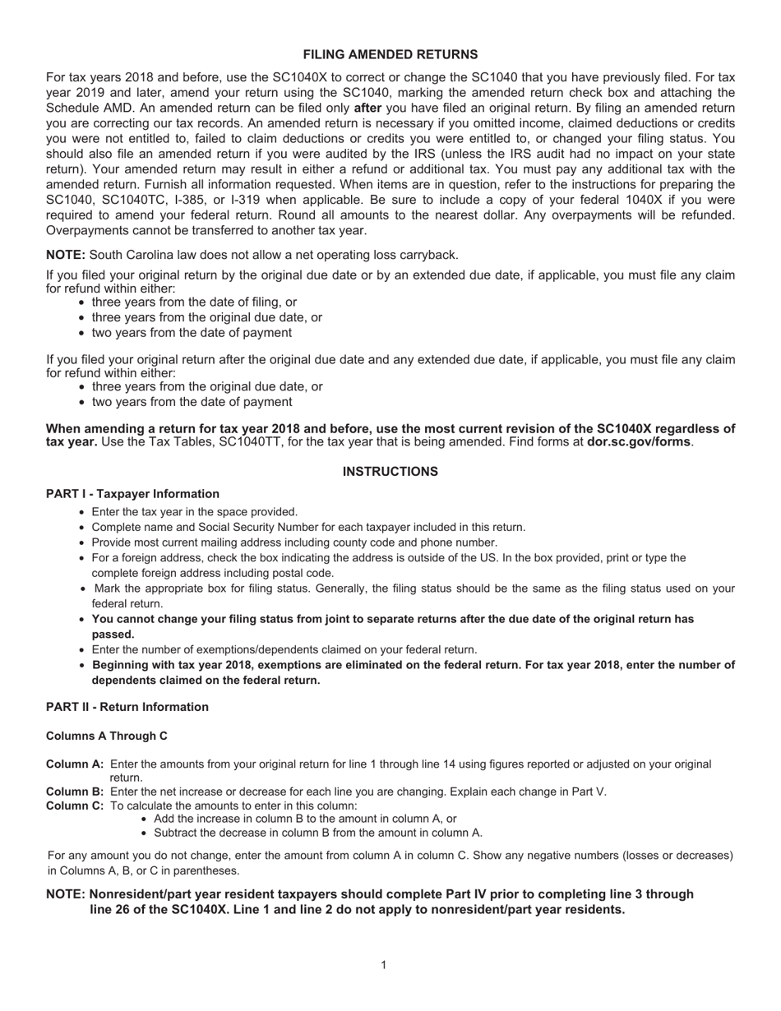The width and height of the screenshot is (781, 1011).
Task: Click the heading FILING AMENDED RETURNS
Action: pos(390,54)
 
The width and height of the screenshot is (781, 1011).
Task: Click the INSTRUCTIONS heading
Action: pos(390,472)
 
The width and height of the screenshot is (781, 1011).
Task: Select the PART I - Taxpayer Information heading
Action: pos(132,494)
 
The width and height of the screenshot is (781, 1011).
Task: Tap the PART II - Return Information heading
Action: pos(127,707)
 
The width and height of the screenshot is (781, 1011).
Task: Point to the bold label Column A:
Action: pos(75,764)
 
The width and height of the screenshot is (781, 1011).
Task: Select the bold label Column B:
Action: pos(75,792)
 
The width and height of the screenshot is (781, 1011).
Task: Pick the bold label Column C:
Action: pos(75,806)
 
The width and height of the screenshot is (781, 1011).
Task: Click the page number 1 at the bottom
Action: pos(383,964)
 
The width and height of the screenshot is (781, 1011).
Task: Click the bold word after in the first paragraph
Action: pos(367,108)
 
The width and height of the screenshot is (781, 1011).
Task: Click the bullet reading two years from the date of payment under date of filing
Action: pos(191,333)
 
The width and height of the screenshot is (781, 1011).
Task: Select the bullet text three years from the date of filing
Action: pos(194,302)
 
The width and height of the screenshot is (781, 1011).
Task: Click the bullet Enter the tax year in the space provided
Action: pos(194,511)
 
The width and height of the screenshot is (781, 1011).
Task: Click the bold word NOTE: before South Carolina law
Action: pos(66,255)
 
